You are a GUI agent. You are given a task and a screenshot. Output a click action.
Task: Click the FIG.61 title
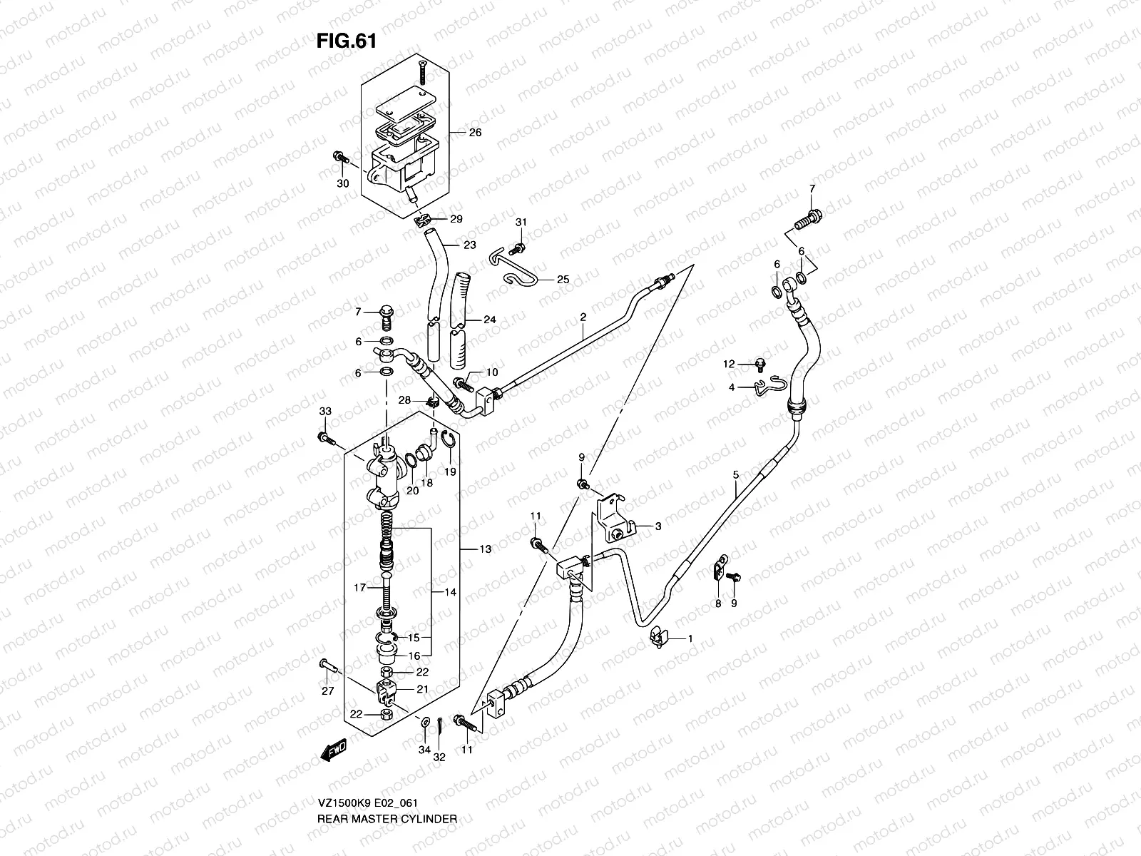[346, 41]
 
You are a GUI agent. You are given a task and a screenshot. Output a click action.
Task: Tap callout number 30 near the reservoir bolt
[343, 183]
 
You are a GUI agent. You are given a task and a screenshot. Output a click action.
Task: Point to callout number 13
[485, 549]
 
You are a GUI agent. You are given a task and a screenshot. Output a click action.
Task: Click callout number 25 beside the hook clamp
[563, 280]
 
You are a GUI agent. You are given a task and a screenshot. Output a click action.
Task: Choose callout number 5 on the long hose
[735, 474]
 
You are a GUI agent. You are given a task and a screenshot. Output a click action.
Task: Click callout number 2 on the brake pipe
[583, 317]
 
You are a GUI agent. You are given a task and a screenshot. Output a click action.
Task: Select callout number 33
[325, 412]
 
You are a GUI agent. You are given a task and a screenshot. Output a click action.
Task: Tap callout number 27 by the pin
[327, 691]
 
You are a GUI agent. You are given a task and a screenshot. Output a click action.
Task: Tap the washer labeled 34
[426, 723]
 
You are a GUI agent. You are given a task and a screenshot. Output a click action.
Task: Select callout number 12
[729, 365]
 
